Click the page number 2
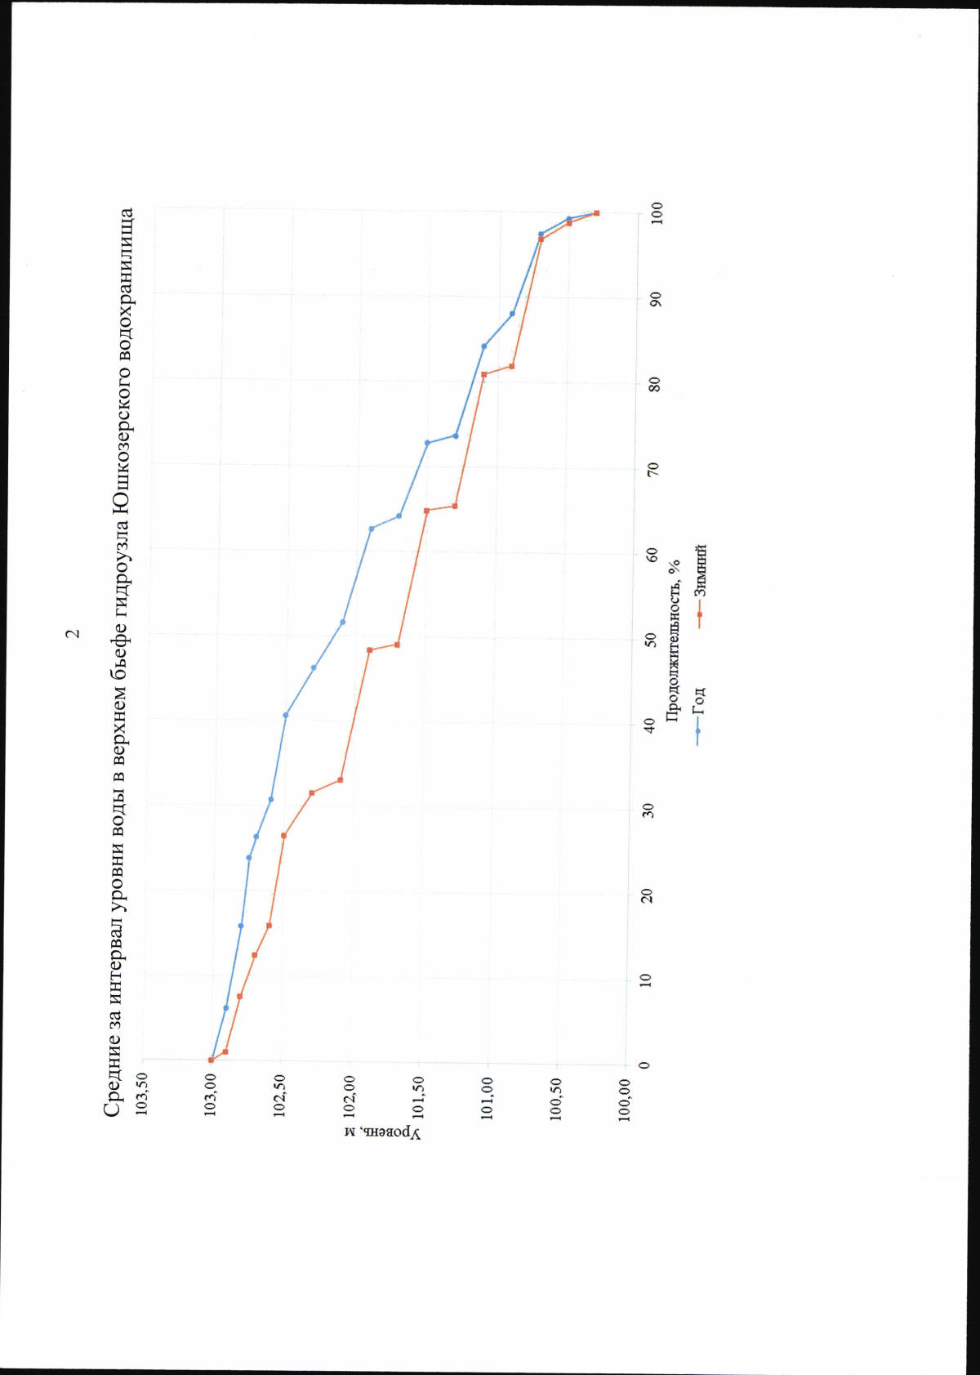(x=73, y=633)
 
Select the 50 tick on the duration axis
(x=651, y=639)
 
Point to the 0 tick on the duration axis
(x=645, y=1065)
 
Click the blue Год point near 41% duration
(x=285, y=715)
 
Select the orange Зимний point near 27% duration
(x=283, y=835)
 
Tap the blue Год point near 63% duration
(x=372, y=529)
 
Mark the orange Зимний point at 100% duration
(x=596, y=213)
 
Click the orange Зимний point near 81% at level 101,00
(x=483, y=374)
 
